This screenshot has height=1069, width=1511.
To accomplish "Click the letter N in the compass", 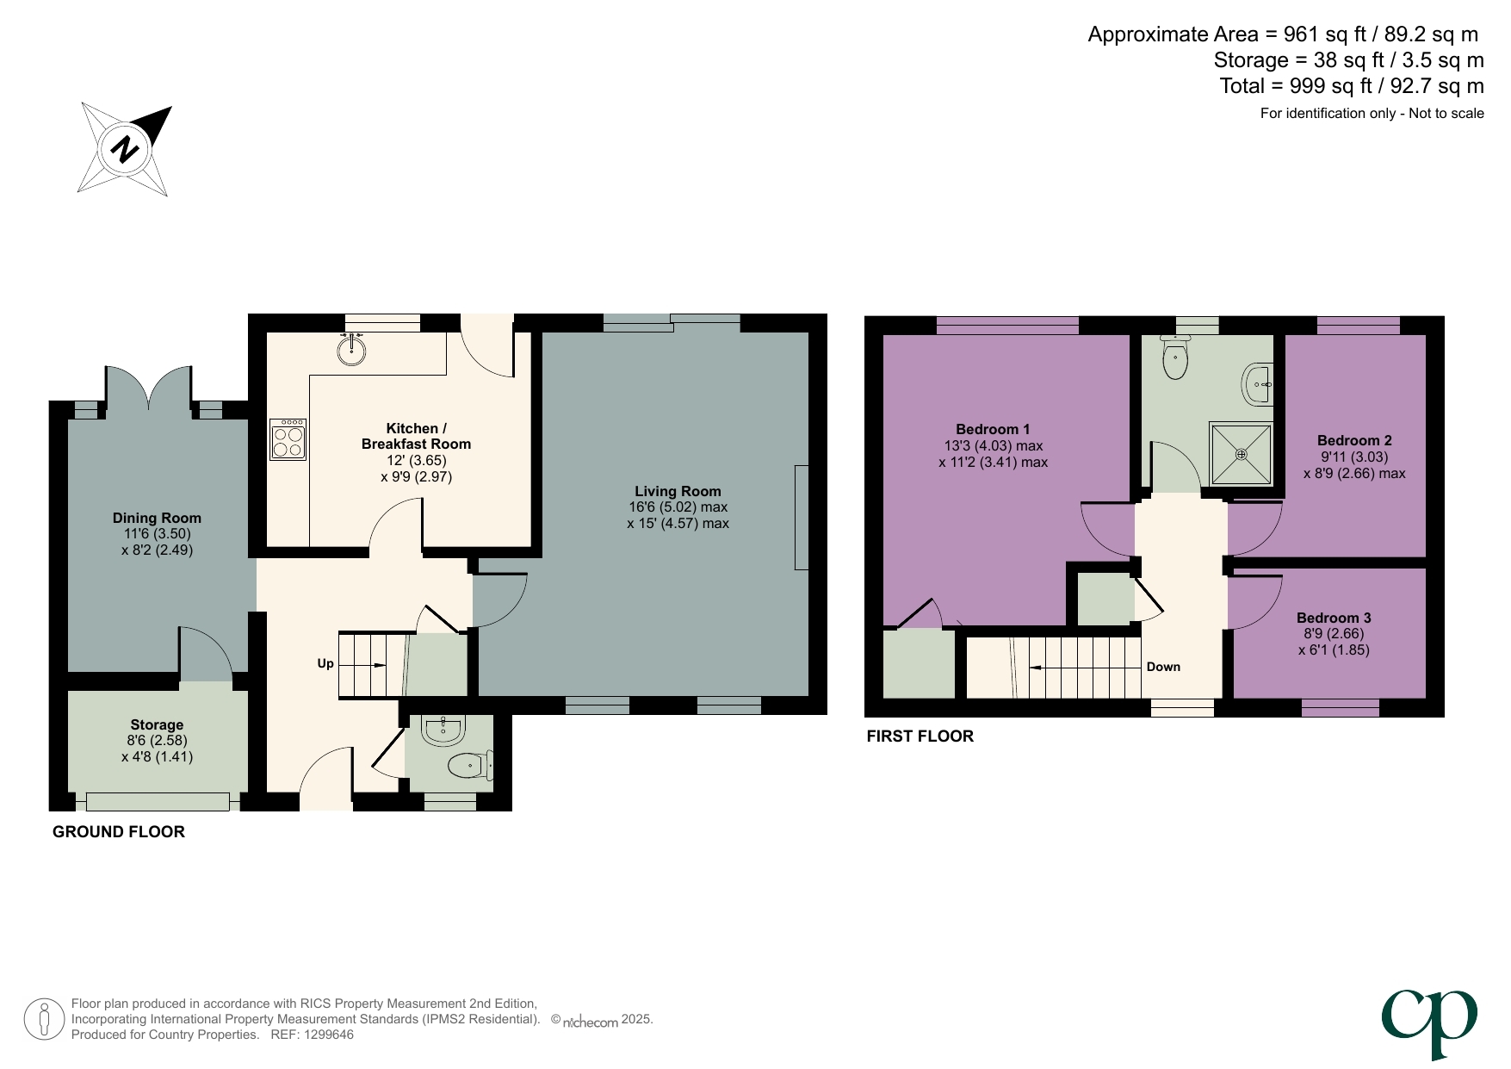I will [126, 149].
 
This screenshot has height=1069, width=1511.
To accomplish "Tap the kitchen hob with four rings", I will [288, 440].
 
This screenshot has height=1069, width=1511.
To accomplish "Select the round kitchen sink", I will [351, 350].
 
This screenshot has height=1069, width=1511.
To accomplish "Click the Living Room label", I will [678, 491].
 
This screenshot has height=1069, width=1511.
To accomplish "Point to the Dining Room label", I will [157, 518].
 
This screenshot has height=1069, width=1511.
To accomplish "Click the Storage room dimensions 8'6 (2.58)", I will [157, 740].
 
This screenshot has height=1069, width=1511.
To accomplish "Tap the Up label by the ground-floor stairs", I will [325, 663].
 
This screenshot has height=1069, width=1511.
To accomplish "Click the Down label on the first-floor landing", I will [1163, 667].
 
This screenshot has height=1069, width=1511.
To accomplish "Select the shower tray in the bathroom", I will [1241, 454].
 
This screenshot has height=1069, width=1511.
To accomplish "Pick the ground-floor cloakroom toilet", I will [467, 764].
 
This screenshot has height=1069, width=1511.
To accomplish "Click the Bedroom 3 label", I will [1334, 618].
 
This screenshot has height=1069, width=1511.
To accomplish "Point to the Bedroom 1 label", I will [993, 429].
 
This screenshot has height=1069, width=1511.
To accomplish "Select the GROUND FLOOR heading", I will [119, 831].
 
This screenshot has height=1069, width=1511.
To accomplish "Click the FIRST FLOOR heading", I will [920, 736].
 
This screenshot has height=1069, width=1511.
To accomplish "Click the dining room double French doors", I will [149, 388].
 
